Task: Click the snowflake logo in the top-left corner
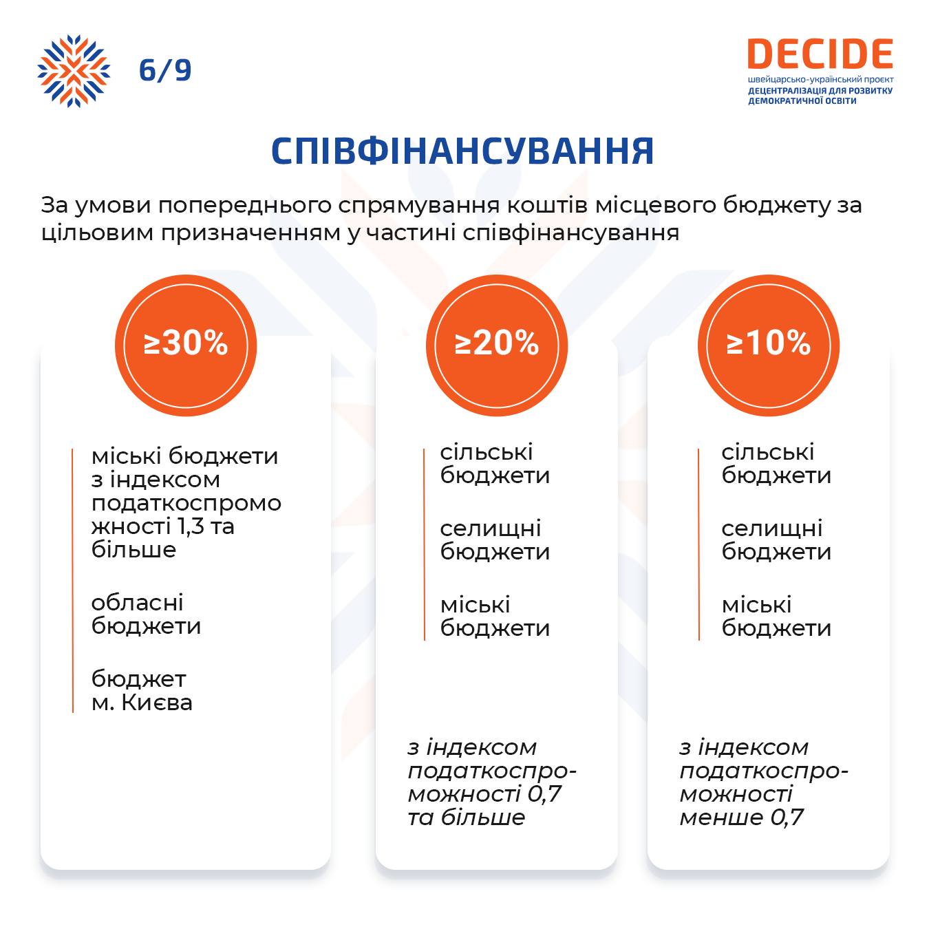coord(74,71)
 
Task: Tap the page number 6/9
coord(165,70)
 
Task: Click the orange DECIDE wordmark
coord(820,54)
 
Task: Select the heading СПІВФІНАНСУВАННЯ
coord(462,151)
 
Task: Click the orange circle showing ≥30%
coord(186,345)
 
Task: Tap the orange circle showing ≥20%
coord(497,345)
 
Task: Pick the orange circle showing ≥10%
coord(769,345)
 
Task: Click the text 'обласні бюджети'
coord(146,615)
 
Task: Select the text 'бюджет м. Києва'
coord(142,691)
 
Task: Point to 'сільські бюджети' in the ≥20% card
coord(495,464)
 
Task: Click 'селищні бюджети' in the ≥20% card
coord(495,540)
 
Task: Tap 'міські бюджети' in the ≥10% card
coord(776,617)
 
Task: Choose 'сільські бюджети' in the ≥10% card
coord(776,464)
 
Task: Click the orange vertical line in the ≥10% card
coord(698,544)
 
